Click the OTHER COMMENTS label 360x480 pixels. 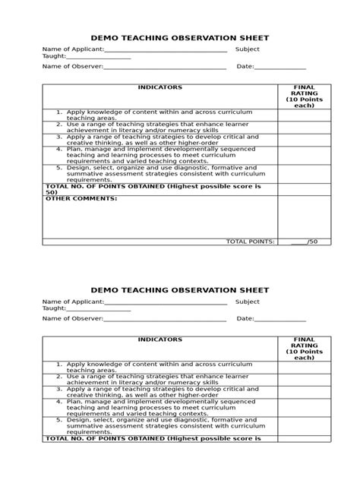[81, 199]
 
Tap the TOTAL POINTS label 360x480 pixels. [250, 242]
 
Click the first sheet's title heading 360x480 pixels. [180, 38]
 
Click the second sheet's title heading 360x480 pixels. [180, 290]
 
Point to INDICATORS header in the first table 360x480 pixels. [159, 88]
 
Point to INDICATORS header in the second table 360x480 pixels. [159, 340]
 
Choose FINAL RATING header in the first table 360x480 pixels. [304, 96]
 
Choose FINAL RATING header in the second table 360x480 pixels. [304, 349]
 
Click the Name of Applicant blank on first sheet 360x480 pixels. [165, 50]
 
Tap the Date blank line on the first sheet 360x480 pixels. [279, 68]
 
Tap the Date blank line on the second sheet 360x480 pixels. [279, 320]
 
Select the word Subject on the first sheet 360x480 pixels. [248, 49]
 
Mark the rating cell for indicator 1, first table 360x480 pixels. [304, 115]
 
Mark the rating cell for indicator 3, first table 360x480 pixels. [304, 139]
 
